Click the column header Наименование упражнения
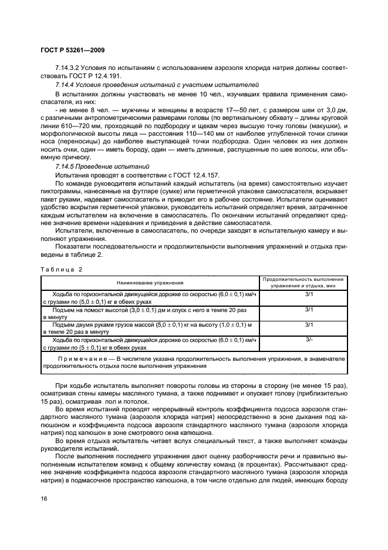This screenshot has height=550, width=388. [x=150, y=282]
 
